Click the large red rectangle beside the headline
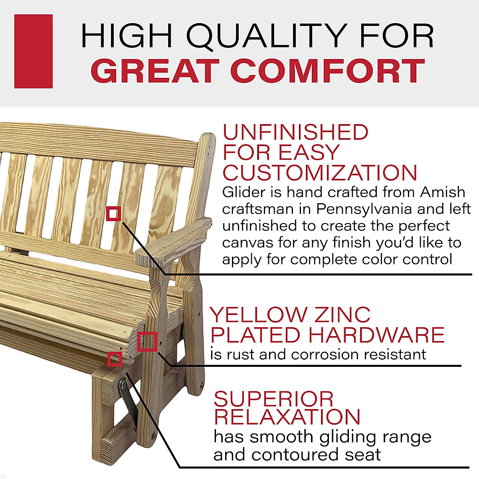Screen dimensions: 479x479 tap(34, 51)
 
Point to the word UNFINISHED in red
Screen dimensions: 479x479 tap(295, 133)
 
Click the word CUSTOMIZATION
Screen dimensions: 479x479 tap(320, 173)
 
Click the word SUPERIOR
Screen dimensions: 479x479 tap(274, 399)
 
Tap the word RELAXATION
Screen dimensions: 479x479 tap(287, 417)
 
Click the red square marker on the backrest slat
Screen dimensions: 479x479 tap(114, 214)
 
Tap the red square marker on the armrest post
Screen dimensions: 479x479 tap(147, 342)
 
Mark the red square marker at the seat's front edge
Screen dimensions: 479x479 tap(115, 359)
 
